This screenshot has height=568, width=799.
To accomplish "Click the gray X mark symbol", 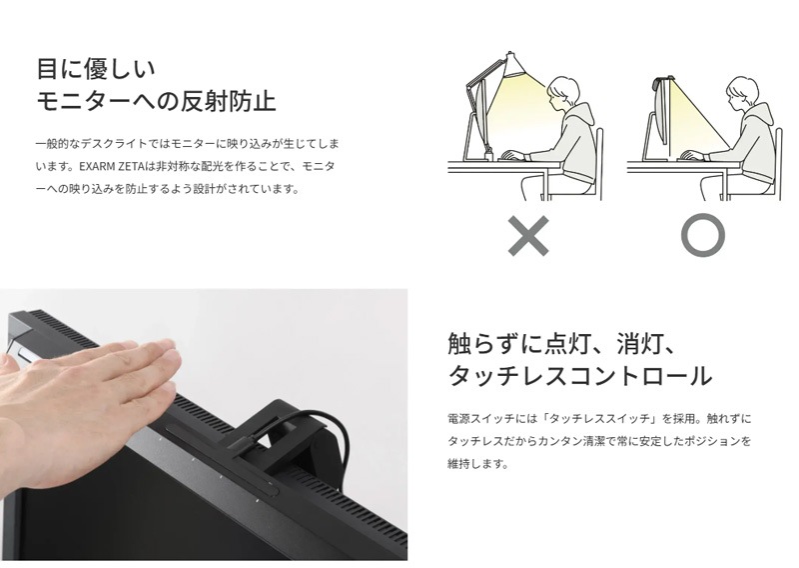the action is point(529,235).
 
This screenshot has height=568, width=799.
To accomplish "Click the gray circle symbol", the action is point(703,235).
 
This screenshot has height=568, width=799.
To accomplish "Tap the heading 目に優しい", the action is point(96,68).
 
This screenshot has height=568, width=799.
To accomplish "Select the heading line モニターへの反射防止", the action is point(156,101).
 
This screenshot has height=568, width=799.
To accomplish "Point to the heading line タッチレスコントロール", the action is point(579,376).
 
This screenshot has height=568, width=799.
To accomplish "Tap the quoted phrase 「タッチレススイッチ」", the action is point(598,418).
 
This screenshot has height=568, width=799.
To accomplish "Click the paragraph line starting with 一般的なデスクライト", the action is point(187,143).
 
